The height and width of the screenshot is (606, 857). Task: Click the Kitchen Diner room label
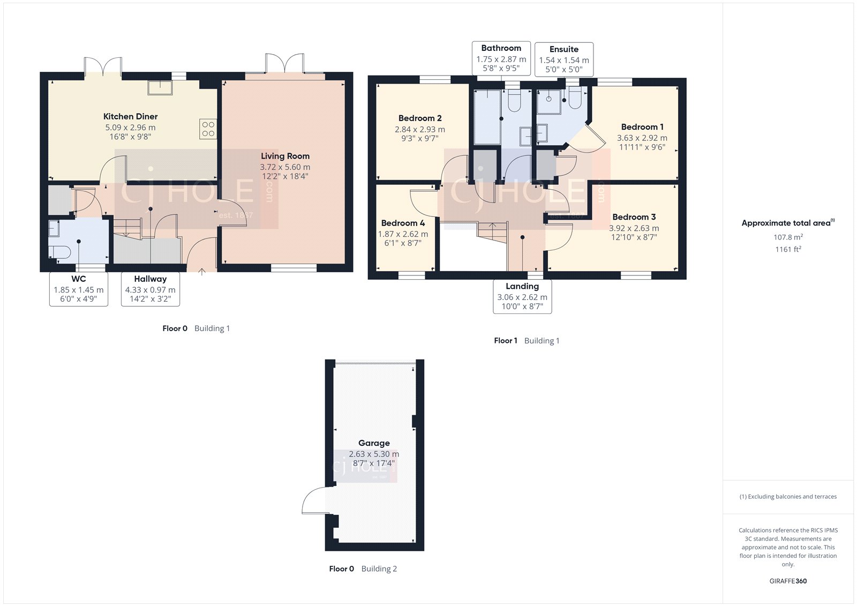coord(130,116)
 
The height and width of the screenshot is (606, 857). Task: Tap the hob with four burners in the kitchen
coord(208,129)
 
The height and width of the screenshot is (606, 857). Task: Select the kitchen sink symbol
coord(160,87)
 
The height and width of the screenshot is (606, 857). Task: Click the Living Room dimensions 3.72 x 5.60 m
coord(285,167)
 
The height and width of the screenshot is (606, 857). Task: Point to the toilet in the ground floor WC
coord(59,252)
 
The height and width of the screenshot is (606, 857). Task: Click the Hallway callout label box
coord(150,289)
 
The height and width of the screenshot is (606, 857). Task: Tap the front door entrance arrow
coord(202,272)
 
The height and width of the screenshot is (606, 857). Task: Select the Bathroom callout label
coord(501,58)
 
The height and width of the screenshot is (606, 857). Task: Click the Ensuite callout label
coord(563,59)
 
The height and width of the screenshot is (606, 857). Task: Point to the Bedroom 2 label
coord(420,118)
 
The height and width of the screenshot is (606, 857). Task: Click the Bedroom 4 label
coord(403,223)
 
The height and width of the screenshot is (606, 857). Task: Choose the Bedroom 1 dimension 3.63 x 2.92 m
coord(642,138)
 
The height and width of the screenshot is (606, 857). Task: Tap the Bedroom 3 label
coord(634,217)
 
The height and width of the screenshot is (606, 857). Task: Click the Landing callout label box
coord(522,296)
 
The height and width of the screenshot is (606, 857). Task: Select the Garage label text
coord(374,443)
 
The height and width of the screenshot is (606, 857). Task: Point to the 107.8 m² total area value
coord(788,237)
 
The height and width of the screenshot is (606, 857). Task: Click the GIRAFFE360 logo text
coord(788,581)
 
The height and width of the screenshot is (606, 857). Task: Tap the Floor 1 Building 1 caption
coord(527,341)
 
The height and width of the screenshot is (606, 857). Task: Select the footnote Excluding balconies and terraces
coord(788,497)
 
